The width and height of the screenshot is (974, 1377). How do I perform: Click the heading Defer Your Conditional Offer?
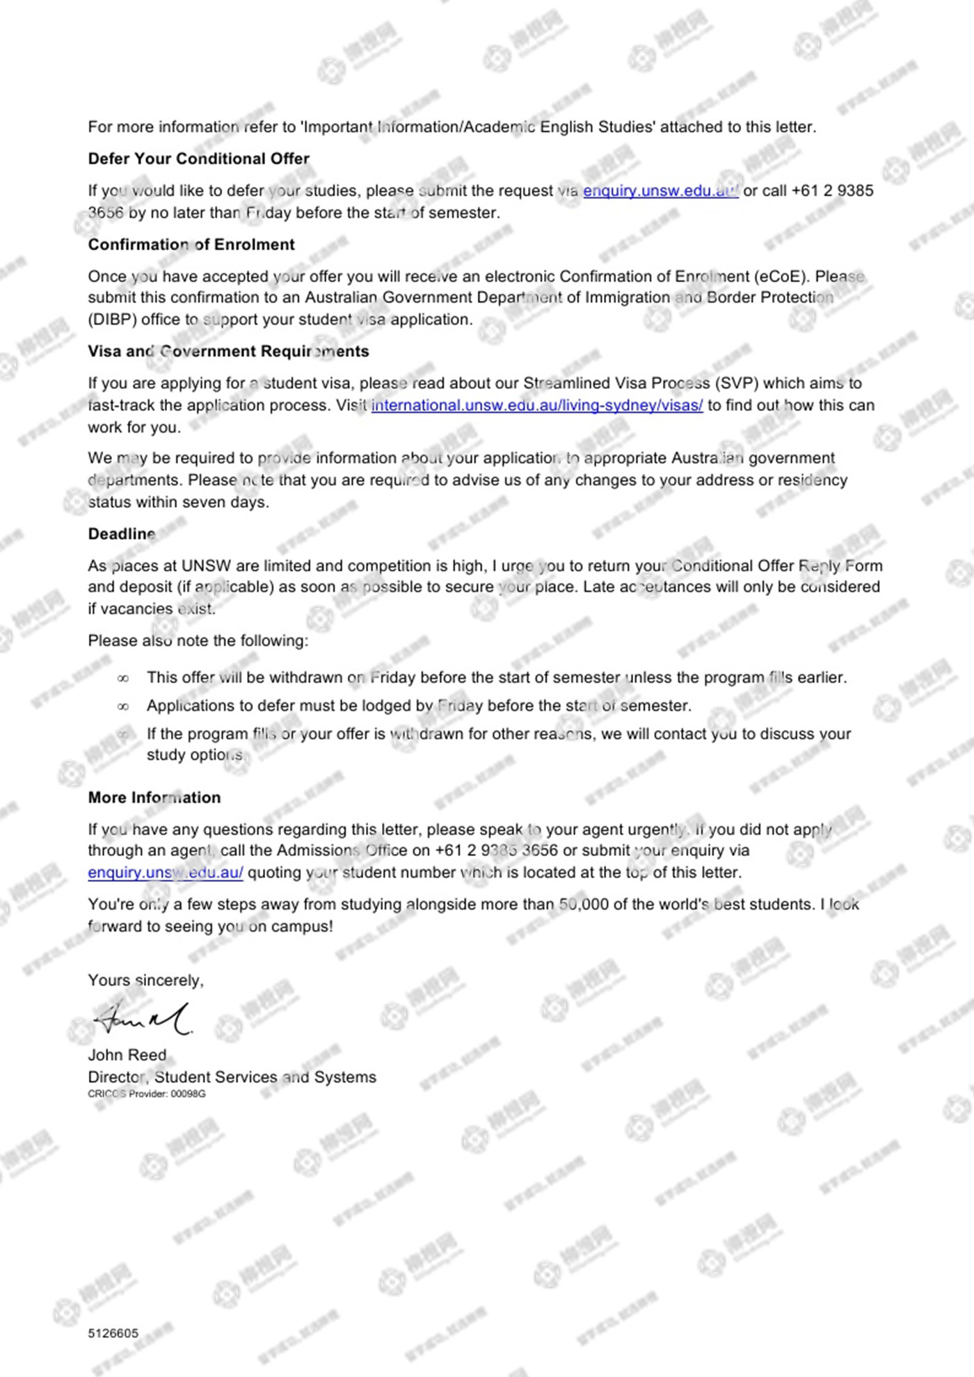click(198, 159)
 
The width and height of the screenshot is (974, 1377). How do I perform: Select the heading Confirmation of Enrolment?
click(191, 245)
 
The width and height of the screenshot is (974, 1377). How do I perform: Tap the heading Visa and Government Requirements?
click(228, 351)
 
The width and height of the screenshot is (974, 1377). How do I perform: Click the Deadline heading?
click(122, 534)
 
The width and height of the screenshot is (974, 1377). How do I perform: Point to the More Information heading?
click(154, 798)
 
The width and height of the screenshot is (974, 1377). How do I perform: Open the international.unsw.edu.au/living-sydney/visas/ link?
click(537, 405)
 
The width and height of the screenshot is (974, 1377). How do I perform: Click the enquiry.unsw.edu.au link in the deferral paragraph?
click(660, 191)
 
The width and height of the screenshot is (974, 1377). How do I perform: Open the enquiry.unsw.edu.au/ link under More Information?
click(166, 873)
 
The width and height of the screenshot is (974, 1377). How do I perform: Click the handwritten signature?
click(143, 1020)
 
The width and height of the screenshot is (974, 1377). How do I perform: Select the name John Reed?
click(127, 1055)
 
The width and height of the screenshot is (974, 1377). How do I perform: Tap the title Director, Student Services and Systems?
click(232, 1077)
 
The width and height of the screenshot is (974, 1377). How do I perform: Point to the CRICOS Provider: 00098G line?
click(147, 1094)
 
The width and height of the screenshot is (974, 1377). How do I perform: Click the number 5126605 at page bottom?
click(113, 1333)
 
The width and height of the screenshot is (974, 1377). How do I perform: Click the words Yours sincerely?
click(145, 981)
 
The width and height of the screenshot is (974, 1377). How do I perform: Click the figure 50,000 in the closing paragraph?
click(586, 905)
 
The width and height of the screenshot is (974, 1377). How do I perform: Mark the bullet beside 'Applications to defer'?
click(123, 707)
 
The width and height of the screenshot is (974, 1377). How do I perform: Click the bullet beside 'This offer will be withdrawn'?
click(123, 678)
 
